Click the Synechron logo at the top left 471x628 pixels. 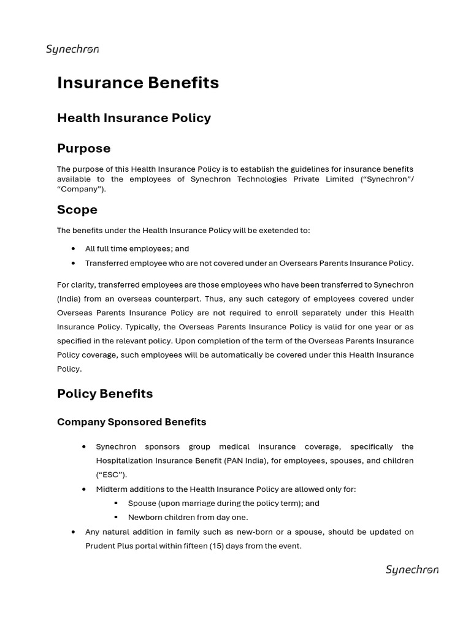click(x=72, y=50)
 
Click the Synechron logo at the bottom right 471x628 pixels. click(x=412, y=570)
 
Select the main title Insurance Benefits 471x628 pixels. click(x=138, y=83)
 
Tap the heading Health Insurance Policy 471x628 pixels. click(x=134, y=118)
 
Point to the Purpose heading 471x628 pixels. click(x=84, y=148)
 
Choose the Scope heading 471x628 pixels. click(x=77, y=210)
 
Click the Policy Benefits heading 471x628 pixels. click(x=105, y=394)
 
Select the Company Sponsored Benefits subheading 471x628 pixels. click(x=131, y=422)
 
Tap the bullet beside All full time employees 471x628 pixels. click(x=74, y=248)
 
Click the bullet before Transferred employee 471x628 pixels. click(x=74, y=263)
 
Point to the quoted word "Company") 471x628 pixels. click(x=77, y=190)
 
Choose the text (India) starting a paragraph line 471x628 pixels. click(x=71, y=299)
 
